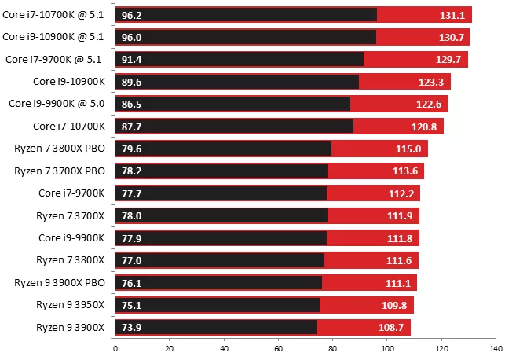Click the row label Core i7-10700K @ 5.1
click(53, 14)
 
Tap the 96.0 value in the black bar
click(131, 37)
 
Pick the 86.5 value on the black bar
click(131, 104)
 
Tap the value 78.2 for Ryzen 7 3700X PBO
click(131, 171)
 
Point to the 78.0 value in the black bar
click(131, 215)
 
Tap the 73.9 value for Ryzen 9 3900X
click(131, 328)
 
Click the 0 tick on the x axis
click(115, 349)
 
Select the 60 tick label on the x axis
click(278, 349)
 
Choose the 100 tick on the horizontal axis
click(386, 349)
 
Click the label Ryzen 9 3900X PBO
click(60, 283)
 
